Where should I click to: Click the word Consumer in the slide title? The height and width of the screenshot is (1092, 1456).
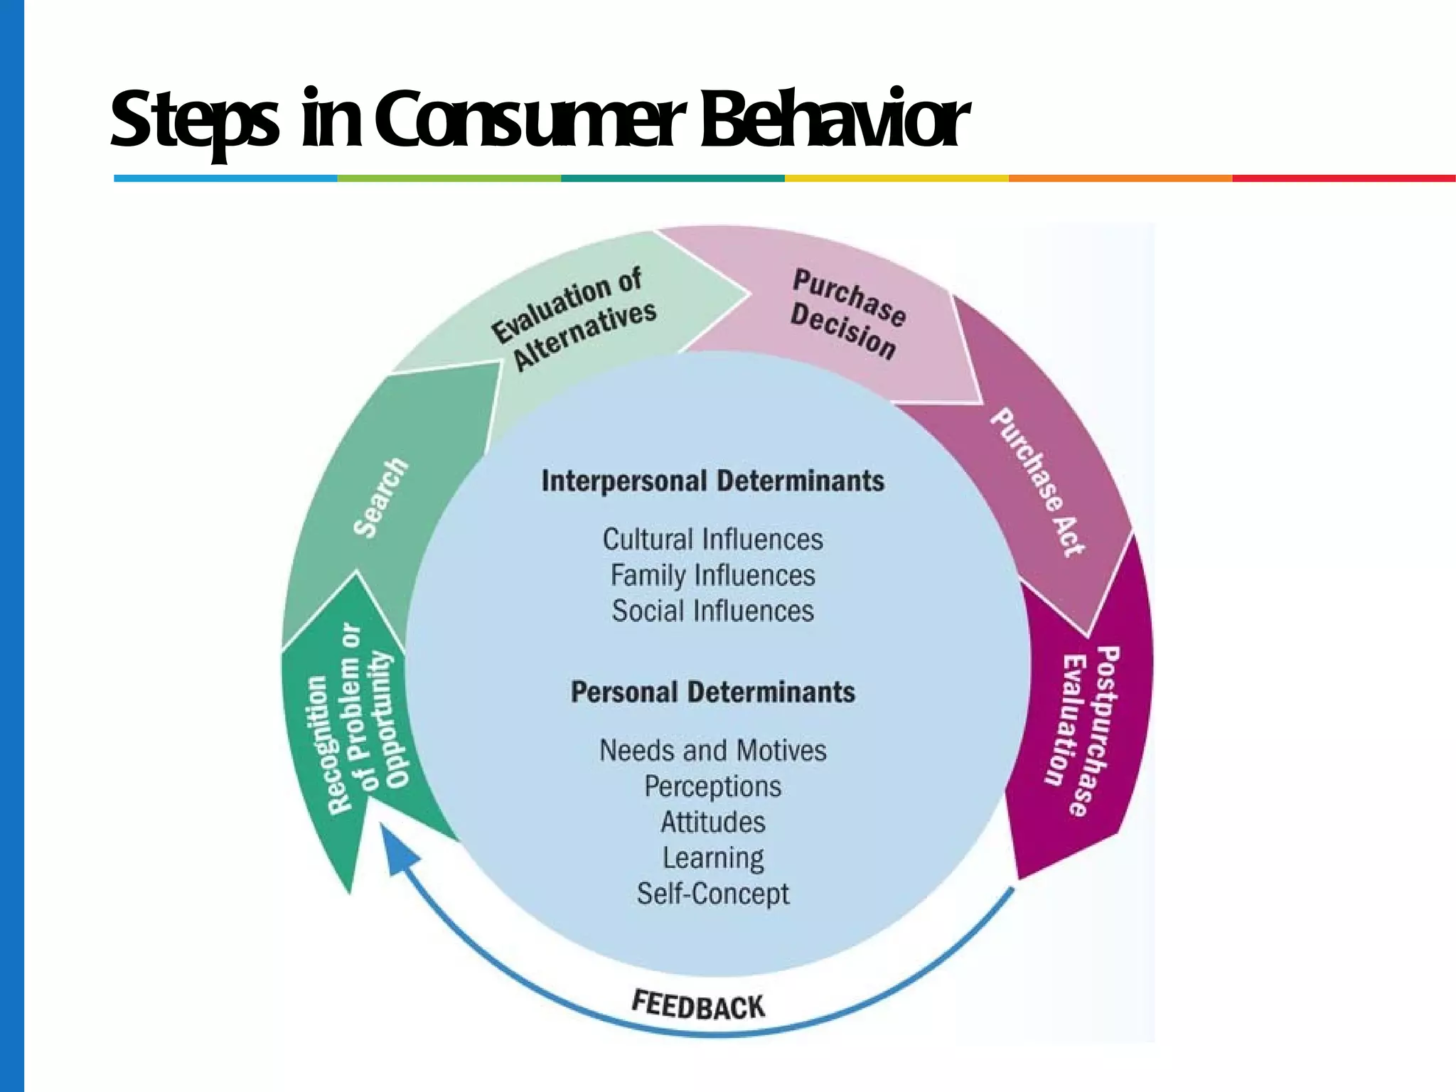pos(530,119)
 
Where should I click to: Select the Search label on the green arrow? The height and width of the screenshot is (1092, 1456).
pos(381,498)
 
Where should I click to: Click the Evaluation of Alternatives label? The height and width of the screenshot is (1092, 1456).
pos(574,318)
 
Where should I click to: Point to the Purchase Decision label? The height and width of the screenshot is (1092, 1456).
pos(846,314)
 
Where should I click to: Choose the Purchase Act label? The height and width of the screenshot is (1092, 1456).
pos(1038,482)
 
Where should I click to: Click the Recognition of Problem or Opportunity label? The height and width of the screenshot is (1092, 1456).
pos(360,718)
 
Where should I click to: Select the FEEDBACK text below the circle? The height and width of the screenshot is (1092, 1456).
pos(698,1005)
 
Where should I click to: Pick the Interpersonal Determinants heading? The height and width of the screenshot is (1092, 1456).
pos(713,481)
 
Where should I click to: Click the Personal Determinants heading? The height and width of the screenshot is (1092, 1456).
pos(713,692)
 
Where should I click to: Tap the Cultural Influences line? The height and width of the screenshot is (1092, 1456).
pos(713,540)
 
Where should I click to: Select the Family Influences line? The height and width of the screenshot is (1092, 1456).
pos(713,575)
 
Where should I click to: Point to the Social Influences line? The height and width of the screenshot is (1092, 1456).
pos(713,611)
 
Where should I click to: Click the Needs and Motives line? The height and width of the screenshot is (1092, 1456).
pos(713,751)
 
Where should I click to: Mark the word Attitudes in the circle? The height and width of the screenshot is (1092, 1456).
pos(713,823)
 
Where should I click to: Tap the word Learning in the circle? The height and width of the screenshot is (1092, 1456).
pos(713,858)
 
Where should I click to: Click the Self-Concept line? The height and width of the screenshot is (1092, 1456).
pos(713,894)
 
